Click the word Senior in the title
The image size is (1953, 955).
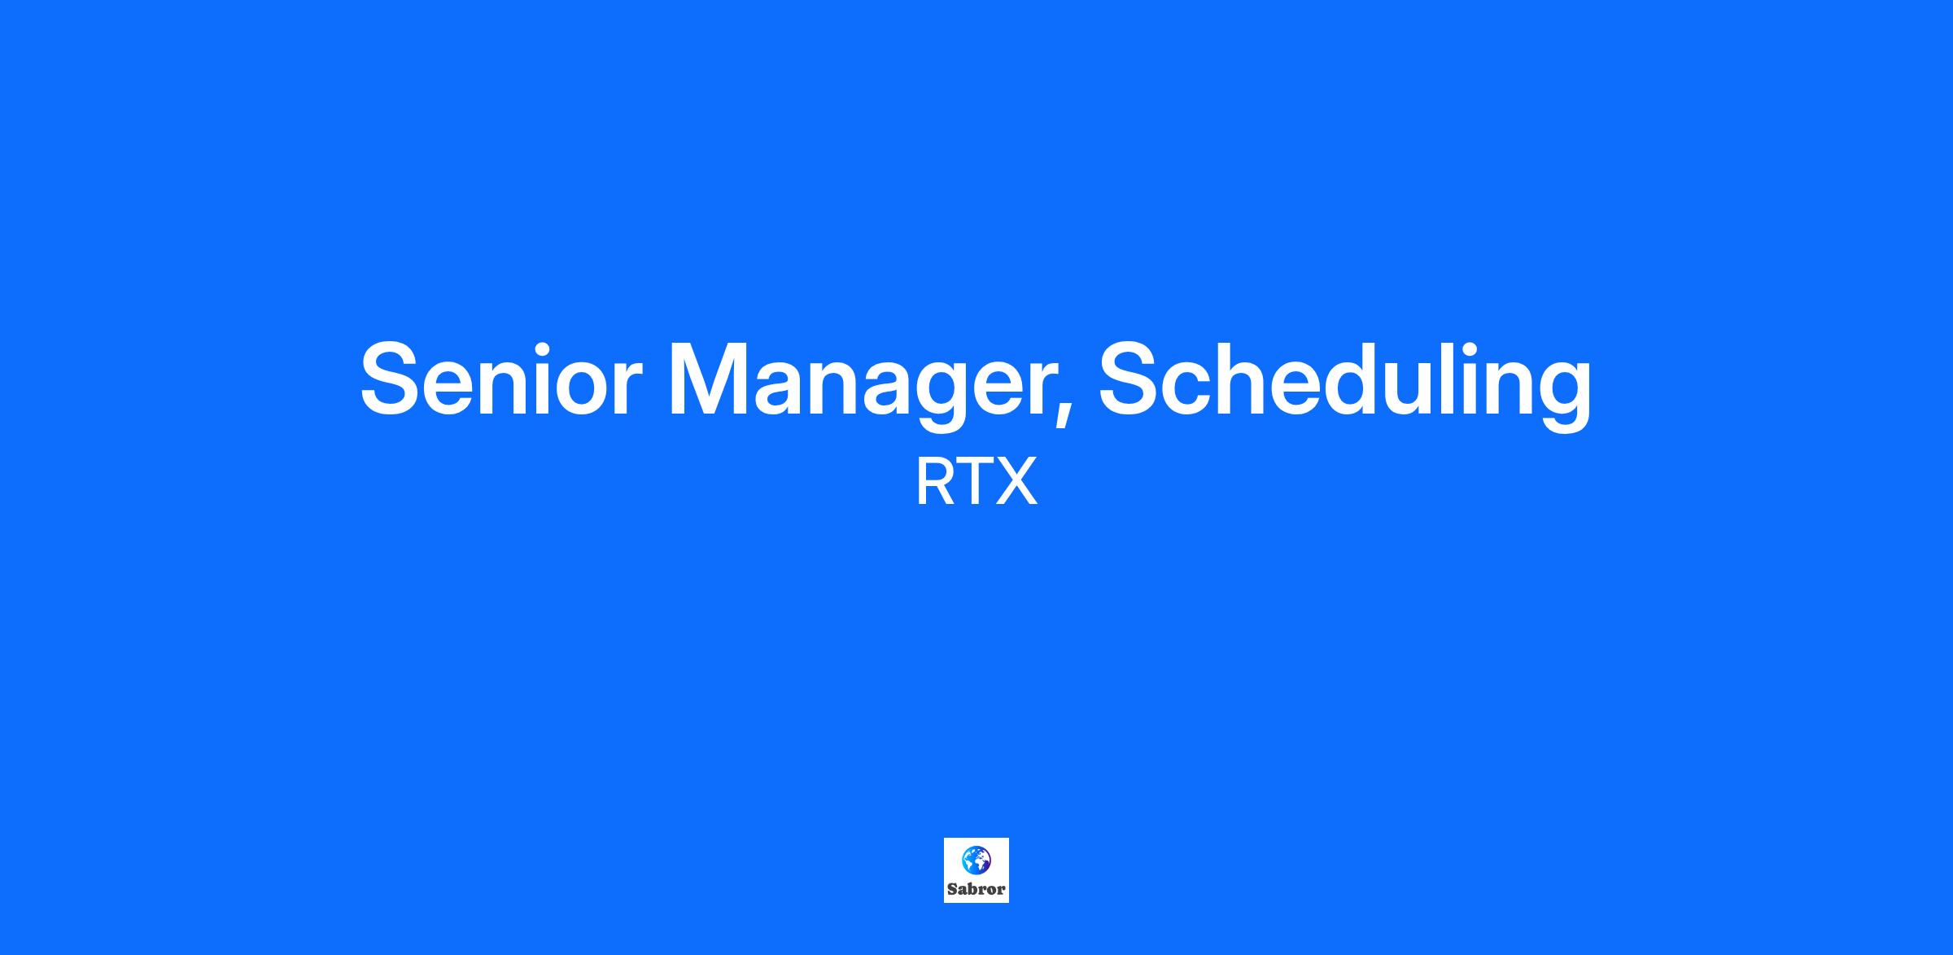pyautogui.click(x=501, y=379)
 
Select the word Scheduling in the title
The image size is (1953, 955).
pyautogui.click(x=1345, y=383)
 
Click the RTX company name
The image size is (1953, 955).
pyautogui.click(x=976, y=482)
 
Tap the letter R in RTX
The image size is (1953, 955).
pyautogui.click(x=934, y=482)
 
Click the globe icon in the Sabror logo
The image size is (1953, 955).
pyautogui.click(x=976, y=859)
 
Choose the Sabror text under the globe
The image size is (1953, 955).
pyautogui.click(x=976, y=889)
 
